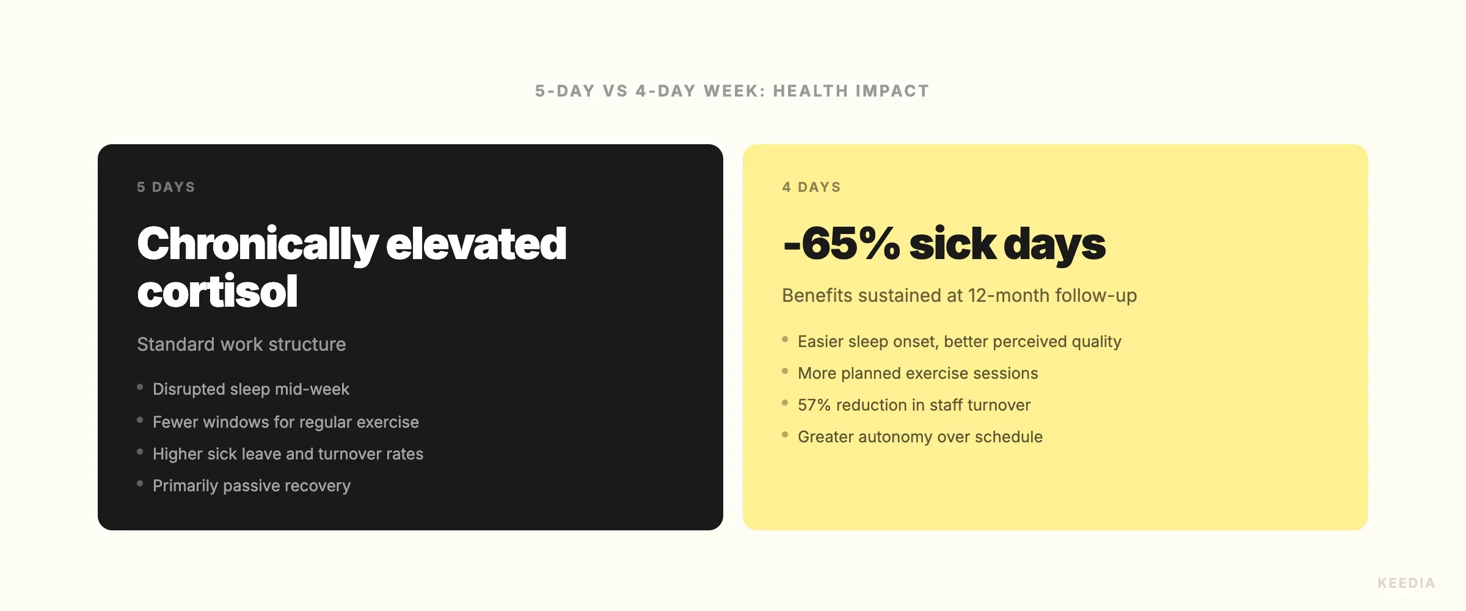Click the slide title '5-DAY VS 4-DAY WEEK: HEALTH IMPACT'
pos(732,91)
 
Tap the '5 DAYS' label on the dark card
pos(166,187)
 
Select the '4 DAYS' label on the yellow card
pos(811,187)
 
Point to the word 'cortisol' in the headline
pos(217,291)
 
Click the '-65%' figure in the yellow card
pos(841,244)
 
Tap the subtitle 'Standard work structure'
pos(241,345)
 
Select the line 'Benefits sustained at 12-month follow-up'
pos(959,296)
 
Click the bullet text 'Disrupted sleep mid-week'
pos(251,389)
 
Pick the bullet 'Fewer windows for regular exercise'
pos(286,422)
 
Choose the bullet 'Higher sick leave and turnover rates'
pos(288,454)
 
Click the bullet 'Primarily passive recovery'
pos(252,486)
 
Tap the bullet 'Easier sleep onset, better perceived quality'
pos(960,342)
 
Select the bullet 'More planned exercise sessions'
pos(918,373)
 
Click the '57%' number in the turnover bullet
pos(814,405)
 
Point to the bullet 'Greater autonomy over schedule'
pos(920,437)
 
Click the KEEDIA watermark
pos(1406,583)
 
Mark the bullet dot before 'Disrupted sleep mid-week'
pos(140,387)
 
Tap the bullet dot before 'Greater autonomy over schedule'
pos(785,434)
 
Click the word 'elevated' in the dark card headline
pos(476,244)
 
